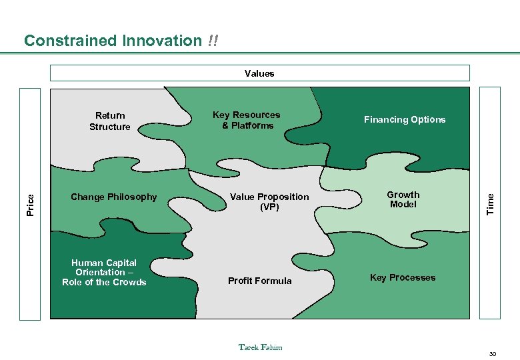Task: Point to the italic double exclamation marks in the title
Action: point(212,41)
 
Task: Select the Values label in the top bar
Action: point(259,73)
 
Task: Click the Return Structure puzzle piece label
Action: point(110,121)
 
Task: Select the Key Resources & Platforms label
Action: point(246,120)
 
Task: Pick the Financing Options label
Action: point(404,120)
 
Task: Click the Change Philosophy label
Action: point(114,197)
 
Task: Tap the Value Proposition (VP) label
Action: point(269,201)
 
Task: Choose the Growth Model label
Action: point(403,199)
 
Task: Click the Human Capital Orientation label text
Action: point(104,272)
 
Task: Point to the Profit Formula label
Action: point(259,281)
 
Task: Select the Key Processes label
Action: point(403,277)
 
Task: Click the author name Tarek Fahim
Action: point(260,347)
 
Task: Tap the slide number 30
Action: point(493,353)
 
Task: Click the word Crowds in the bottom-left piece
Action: point(131,282)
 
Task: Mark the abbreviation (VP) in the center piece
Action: point(269,207)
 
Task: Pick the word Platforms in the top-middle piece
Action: point(252,125)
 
